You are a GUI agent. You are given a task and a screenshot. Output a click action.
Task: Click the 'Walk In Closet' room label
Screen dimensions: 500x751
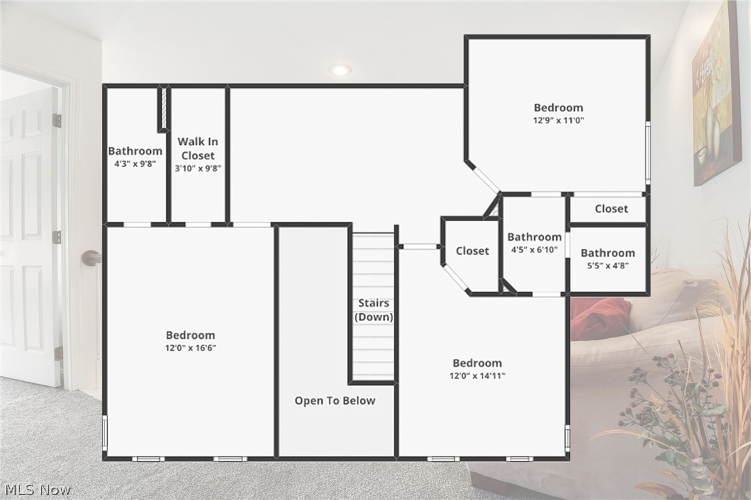point(198,149)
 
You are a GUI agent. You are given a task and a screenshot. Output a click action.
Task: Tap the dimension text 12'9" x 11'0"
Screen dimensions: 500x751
point(558,120)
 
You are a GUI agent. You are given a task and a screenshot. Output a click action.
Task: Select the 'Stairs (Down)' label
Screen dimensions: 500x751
point(374,310)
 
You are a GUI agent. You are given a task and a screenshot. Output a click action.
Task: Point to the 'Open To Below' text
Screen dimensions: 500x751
point(335,400)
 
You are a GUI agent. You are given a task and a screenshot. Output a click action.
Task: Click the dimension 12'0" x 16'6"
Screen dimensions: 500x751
point(190,348)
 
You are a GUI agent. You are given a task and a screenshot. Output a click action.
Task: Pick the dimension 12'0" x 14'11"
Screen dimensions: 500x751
point(477,376)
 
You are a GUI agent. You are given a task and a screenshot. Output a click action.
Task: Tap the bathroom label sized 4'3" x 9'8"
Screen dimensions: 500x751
point(135,151)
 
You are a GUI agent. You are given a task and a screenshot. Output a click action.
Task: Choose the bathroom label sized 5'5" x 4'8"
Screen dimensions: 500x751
point(608,253)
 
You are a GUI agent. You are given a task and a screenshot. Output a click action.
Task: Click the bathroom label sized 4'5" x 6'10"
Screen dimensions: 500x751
point(534,237)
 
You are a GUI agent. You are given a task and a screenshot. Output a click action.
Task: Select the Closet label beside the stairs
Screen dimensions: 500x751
point(472,251)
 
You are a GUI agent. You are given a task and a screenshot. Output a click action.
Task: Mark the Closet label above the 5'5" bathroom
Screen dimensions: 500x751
point(611,208)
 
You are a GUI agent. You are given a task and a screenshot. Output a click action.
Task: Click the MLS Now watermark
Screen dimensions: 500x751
point(36,490)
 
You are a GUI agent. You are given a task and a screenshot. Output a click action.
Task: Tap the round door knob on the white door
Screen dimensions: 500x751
point(91,258)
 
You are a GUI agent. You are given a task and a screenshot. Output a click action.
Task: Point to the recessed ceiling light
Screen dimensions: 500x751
point(341,70)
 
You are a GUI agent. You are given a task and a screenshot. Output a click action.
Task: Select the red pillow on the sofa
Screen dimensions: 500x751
point(599,319)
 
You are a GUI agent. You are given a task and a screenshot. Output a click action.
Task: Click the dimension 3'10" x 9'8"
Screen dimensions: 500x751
point(198,168)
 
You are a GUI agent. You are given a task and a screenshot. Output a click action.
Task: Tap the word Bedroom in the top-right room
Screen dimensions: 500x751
point(558,107)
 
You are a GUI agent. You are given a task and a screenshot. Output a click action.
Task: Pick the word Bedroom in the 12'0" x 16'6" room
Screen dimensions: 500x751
point(190,335)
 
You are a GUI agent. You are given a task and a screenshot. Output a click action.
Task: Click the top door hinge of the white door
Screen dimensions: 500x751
point(57,120)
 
